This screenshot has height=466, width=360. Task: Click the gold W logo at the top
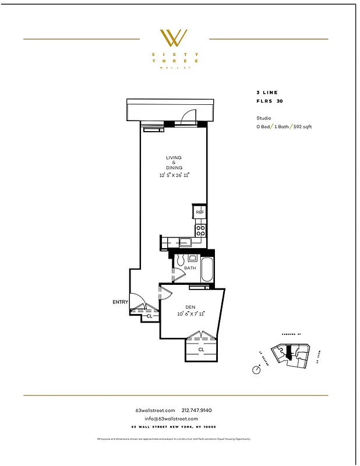(174, 38)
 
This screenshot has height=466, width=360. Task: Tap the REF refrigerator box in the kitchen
(199, 212)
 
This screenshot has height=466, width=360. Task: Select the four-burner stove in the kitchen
(200, 230)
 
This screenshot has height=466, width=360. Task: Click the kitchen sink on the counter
(185, 241)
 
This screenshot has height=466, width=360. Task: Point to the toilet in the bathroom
(180, 259)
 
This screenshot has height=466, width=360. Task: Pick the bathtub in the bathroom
(206, 270)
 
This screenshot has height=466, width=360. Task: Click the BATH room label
(190, 269)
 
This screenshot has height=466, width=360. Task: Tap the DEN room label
(190, 307)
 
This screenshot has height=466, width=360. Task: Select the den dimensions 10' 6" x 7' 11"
(191, 314)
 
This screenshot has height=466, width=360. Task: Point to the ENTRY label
(121, 302)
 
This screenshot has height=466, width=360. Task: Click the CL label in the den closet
(200, 350)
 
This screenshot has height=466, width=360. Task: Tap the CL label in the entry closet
(150, 316)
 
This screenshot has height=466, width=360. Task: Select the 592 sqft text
(302, 126)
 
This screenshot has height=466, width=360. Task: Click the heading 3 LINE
(267, 93)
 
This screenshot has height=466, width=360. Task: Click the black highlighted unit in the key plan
(288, 351)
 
